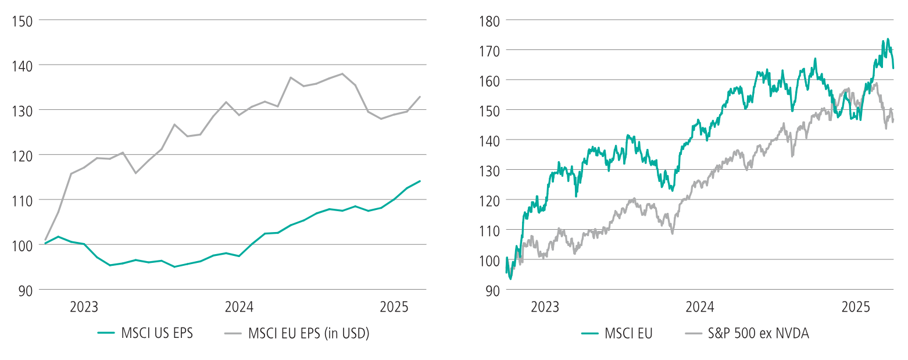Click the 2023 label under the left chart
(84, 306)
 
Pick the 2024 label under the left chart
(238, 306)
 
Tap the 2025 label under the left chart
(393, 306)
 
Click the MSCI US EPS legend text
(156, 333)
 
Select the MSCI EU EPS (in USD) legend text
(309, 333)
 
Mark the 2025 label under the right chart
(855, 306)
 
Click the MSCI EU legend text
(628, 333)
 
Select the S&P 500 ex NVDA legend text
(758, 333)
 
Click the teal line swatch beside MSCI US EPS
(106, 333)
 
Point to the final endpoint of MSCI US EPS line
(420, 181)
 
